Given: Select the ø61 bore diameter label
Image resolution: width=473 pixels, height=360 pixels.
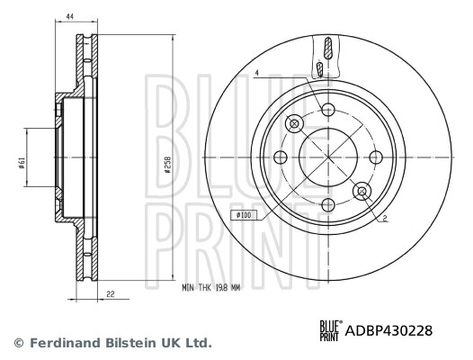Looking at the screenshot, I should [x=20, y=161].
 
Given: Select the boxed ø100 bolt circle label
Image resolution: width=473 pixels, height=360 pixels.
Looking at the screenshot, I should [x=244, y=215].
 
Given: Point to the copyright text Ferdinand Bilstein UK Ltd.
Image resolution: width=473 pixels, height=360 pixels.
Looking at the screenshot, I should [x=112, y=343].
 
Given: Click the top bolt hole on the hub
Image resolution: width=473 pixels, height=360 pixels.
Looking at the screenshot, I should [x=328, y=111].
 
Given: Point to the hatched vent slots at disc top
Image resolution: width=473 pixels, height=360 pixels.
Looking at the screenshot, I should [x=326, y=57].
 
